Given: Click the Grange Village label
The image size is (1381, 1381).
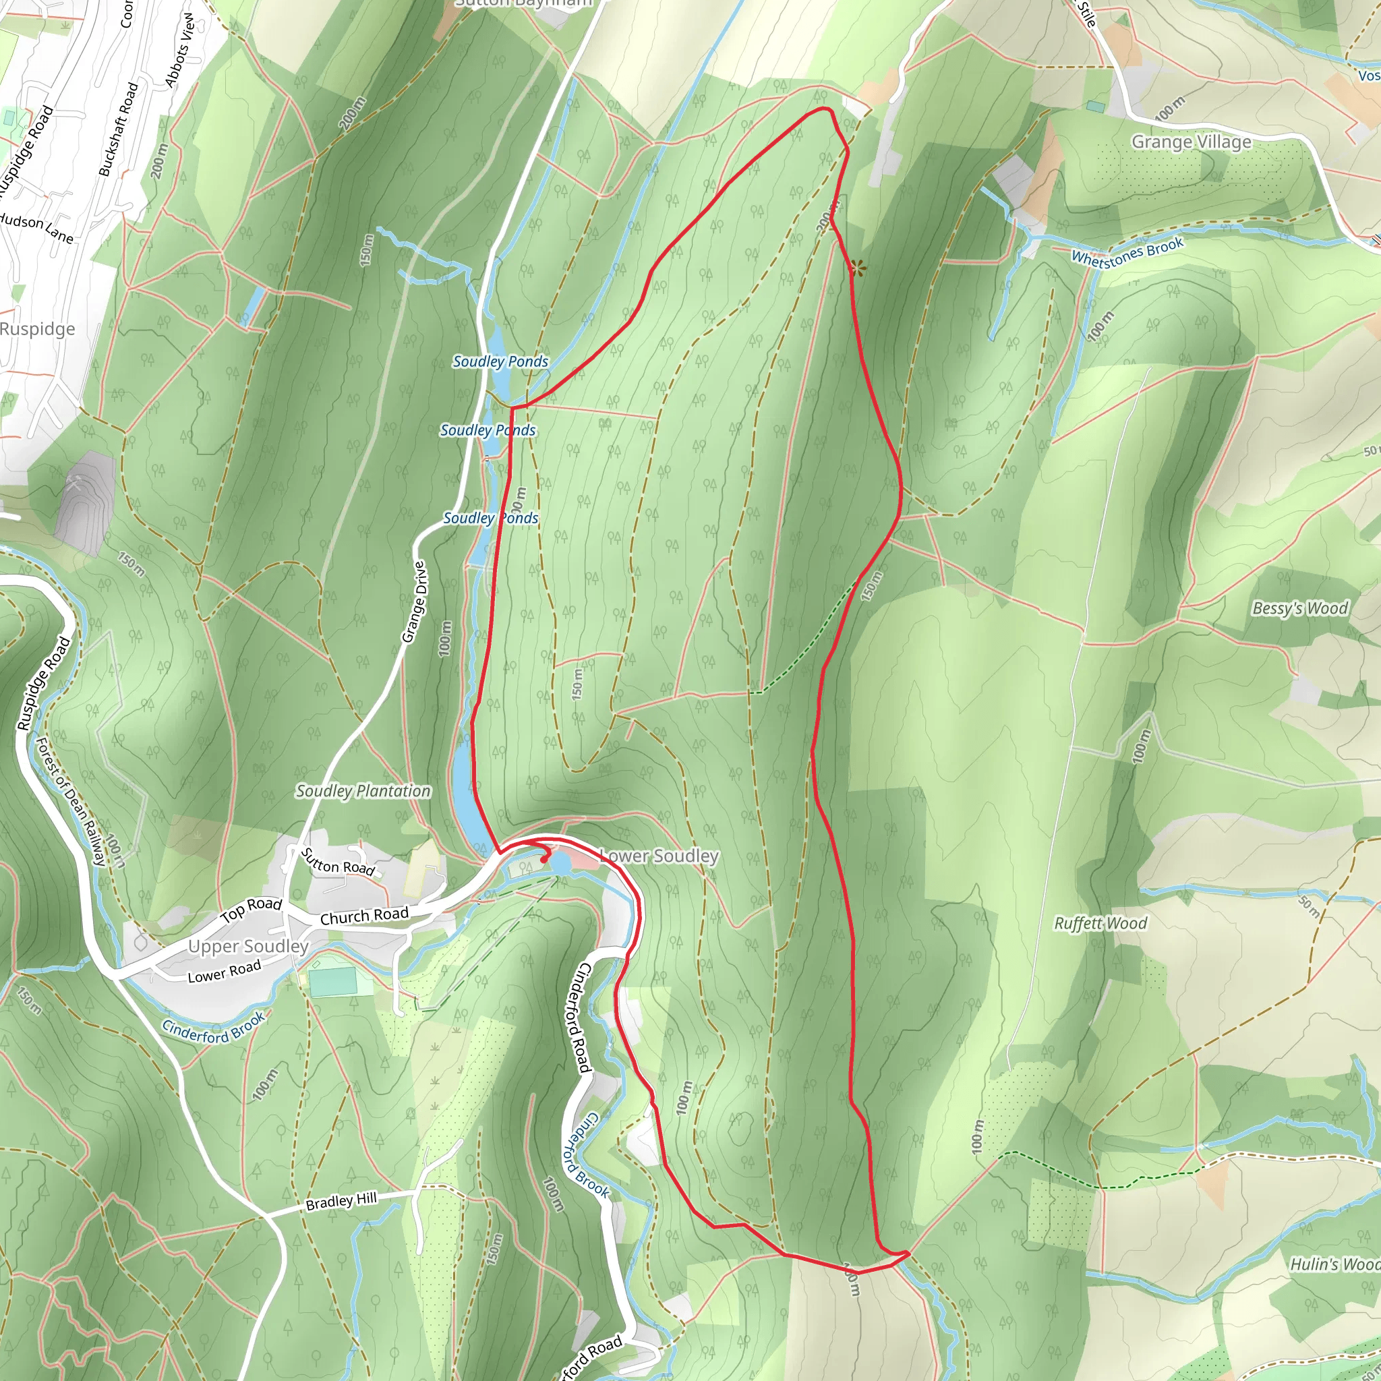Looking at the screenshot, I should tap(1191, 142).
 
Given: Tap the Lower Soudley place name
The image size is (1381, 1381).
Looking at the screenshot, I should tap(659, 856).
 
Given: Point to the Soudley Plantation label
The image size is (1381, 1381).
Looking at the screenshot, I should tap(363, 791).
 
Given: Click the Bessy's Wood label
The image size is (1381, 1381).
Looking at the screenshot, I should tap(1299, 608).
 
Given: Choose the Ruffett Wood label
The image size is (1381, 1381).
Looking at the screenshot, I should tap(1100, 924).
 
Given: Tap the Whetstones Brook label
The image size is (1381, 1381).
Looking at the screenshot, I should tap(1127, 252).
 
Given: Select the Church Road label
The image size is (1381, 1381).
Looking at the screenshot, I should tap(365, 916).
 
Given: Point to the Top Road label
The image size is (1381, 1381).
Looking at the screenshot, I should tap(251, 909).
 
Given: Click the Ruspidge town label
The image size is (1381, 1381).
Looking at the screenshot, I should tap(37, 329).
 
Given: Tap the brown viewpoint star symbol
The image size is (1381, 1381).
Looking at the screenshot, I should tap(858, 269).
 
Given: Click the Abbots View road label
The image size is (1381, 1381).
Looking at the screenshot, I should tap(179, 50).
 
